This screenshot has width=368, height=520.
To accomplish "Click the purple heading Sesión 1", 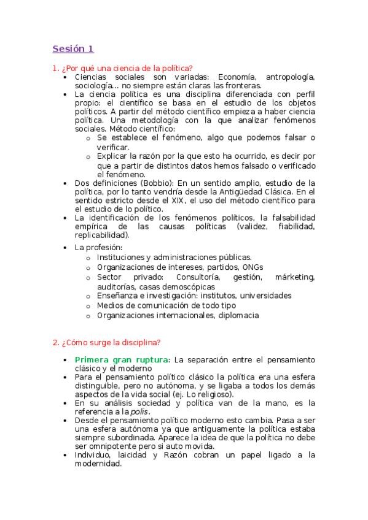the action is pos(73,48).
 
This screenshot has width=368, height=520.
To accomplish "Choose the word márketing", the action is pos(295,277).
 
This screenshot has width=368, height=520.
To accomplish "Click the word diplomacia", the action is pos(237,315).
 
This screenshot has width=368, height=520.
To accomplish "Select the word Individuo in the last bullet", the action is pos(93,455).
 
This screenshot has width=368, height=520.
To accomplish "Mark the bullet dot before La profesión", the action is pos(66,248).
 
